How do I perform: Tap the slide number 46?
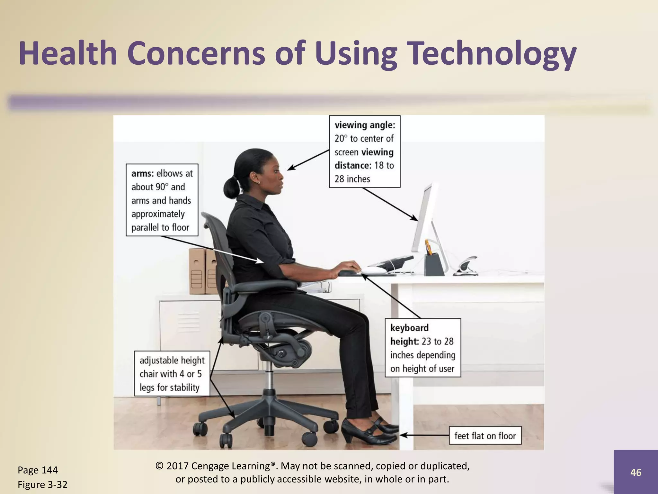click(636, 472)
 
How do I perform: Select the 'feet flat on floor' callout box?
click(485, 435)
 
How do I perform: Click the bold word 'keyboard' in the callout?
click(409, 328)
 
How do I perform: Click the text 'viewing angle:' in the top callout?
click(365, 125)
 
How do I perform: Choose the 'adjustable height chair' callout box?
click(172, 373)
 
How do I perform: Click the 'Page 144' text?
click(38, 470)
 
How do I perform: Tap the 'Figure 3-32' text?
click(42, 484)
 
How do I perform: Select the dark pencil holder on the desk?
click(434, 264)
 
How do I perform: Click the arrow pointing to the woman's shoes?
click(424, 435)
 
